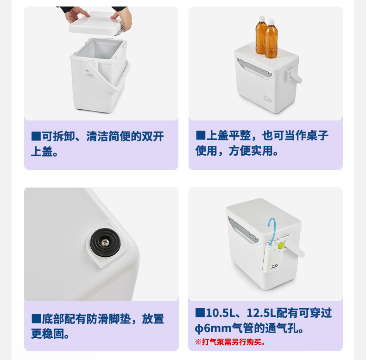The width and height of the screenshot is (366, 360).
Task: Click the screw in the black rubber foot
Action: coord(105,243)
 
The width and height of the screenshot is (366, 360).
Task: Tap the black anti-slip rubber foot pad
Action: coord(105,243)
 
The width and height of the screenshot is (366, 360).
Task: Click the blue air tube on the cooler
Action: coord(272,231)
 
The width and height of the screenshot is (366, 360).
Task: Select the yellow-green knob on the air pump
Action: coord(281,245)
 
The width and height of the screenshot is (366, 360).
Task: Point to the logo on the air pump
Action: coord(274,266)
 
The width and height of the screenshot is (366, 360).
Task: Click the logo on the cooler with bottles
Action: coord(267,99)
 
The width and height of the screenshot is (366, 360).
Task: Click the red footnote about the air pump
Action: coord(230,342)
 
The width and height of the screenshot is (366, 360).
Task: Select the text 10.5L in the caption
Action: coord(221,313)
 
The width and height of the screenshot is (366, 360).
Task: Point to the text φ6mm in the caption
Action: coord(213,328)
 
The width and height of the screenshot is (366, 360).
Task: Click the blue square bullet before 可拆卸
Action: coord(36,136)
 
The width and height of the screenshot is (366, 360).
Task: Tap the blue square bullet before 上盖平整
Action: coord(201,135)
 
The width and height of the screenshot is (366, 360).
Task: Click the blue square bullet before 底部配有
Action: coord(36,319)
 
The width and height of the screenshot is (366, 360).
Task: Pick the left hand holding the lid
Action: coord(76,14)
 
